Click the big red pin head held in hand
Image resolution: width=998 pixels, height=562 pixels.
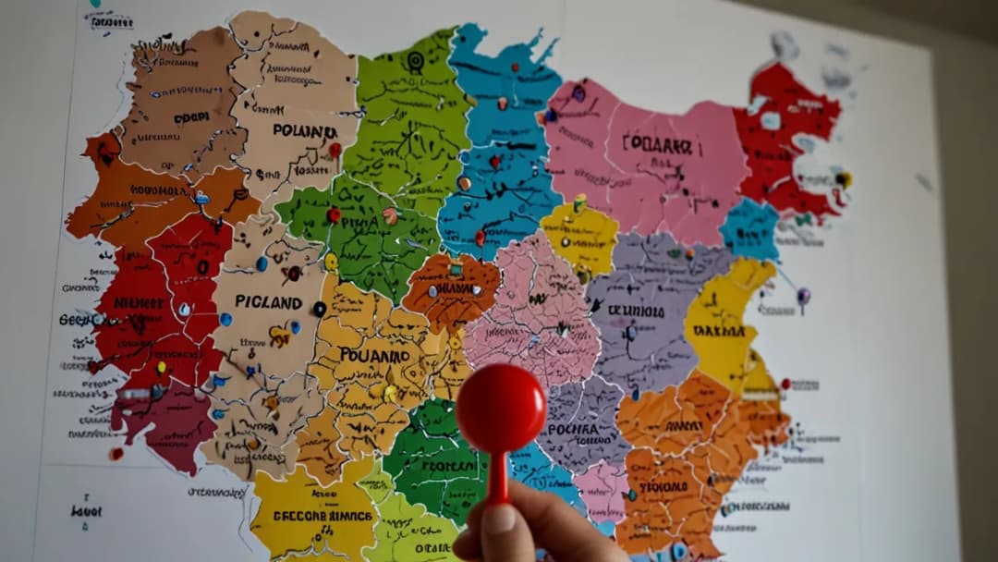pyautogui.click(x=501, y=408)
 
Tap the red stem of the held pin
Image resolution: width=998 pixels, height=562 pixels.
pyautogui.click(x=498, y=476)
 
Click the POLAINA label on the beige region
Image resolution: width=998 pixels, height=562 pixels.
pyautogui.click(x=304, y=131)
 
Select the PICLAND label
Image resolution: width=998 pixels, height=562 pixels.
pyautogui.click(x=268, y=301)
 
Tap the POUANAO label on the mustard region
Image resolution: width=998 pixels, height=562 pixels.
pyautogui.click(x=374, y=355)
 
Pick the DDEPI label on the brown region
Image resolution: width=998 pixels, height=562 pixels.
pyautogui.click(x=191, y=118)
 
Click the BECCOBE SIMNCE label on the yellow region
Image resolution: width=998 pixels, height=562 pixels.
pyautogui.click(x=323, y=516)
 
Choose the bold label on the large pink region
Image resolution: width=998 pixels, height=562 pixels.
pyautogui.click(x=657, y=144)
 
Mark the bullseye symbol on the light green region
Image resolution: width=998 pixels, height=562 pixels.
pyautogui.click(x=415, y=61)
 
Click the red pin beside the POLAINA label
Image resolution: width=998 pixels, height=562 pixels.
pyautogui.click(x=335, y=149)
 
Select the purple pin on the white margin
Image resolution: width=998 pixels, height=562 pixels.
pyautogui.click(x=803, y=296)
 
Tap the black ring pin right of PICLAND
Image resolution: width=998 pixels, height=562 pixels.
pyautogui.click(x=320, y=309)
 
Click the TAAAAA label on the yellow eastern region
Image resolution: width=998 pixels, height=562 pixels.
pyautogui.click(x=718, y=330)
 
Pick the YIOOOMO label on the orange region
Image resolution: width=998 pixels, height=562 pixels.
pyautogui.click(x=663, y=486)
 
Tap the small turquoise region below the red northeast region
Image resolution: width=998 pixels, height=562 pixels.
pyautogui.click(x=750, y=229)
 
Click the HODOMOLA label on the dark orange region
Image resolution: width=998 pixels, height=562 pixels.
pyautogui.click(x=160, y=190)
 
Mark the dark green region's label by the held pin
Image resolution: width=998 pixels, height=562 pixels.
pyautogui.click(x=448, y=466)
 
